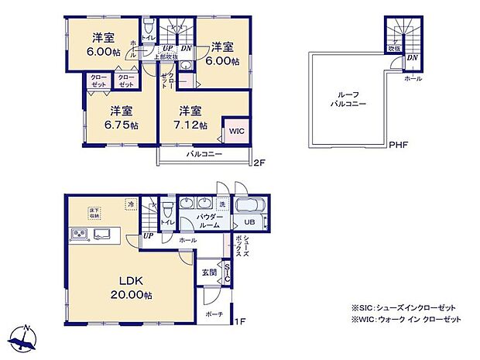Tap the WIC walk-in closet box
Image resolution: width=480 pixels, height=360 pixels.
236,130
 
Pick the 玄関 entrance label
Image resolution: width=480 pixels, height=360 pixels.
209,273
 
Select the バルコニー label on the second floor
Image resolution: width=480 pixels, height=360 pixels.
204,155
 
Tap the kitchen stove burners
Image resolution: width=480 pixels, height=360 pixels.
79,235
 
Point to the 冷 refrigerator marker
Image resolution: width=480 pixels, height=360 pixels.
131,204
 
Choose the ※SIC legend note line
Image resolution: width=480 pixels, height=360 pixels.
405,307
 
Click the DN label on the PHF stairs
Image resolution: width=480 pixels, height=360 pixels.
413,57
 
